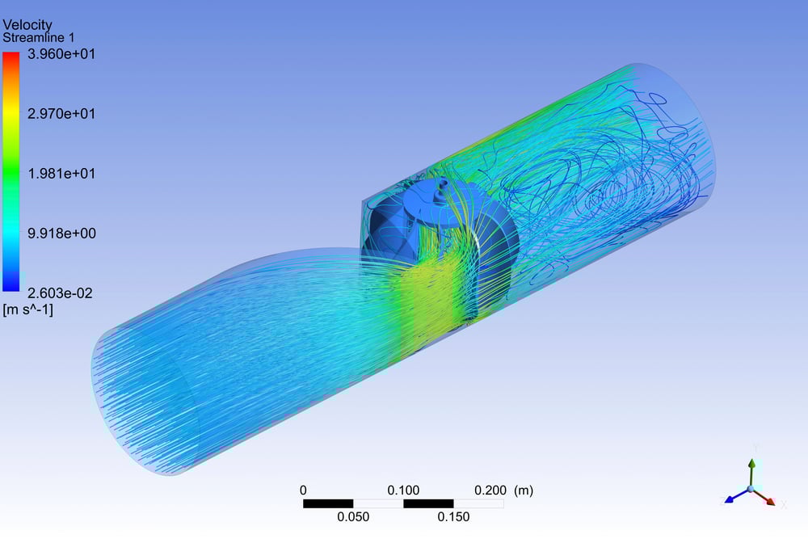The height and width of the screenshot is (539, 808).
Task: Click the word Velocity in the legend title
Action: [x=27, y=25]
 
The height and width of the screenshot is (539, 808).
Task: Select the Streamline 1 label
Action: [x=39, y=38]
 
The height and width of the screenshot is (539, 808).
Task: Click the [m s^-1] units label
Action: [x=28, y=309]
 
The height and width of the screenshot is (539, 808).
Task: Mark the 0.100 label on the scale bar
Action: [x=403, y=490]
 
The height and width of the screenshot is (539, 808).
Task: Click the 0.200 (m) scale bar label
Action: [x=503, y=490]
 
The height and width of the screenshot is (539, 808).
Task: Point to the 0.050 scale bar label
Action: [x=353, y=517]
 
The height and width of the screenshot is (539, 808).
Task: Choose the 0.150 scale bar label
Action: [x=453, y=517]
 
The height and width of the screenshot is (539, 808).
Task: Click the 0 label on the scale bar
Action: [x=303, y=490]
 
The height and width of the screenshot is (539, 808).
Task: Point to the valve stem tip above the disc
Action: [x=441, y=186]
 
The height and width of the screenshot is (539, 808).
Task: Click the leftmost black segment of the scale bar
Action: [x=327, y=503]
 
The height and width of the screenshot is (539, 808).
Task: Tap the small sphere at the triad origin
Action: [x=751, y=489]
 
